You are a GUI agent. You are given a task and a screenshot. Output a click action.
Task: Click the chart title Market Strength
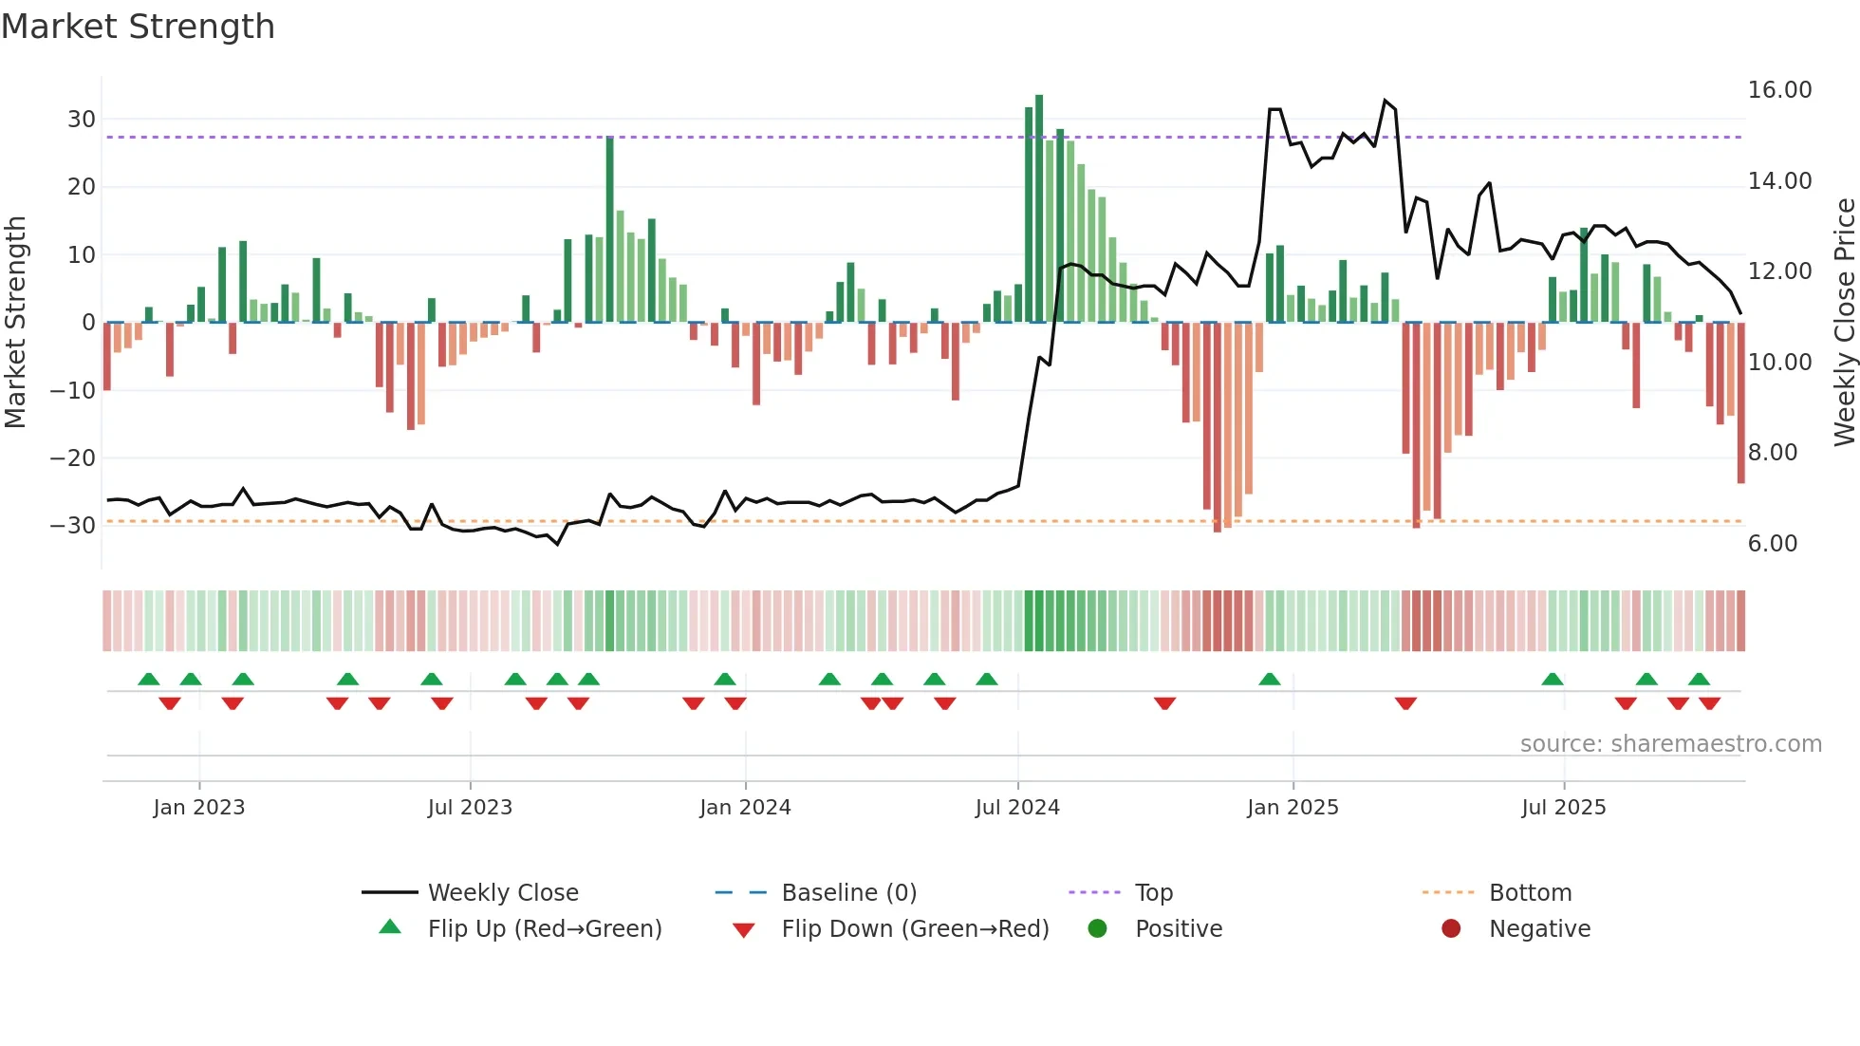[138, 27]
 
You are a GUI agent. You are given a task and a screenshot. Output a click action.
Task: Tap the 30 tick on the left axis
[82, 120]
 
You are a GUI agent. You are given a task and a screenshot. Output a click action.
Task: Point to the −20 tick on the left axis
[73, 458]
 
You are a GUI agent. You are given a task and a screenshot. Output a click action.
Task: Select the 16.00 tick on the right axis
[1779, 90]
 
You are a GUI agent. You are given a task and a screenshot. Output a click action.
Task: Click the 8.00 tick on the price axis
[1773, 453]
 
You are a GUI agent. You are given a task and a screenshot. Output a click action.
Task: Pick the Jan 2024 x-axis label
[745, 808]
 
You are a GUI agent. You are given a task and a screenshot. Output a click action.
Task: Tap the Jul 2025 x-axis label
[1563, 808]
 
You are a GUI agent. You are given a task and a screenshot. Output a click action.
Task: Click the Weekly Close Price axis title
[1844, 323]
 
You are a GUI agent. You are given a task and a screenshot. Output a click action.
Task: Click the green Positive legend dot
[1098, 929]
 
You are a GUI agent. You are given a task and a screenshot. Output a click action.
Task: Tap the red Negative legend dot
[1451, 929]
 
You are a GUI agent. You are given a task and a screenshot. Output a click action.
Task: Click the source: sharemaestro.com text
[1670, 744]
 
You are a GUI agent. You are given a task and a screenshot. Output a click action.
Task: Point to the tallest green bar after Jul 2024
[1039, 209]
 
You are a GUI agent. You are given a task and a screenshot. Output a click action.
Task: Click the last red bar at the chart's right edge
[1741, 403]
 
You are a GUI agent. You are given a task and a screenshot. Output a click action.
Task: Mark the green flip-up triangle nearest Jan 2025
[1270, 680]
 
